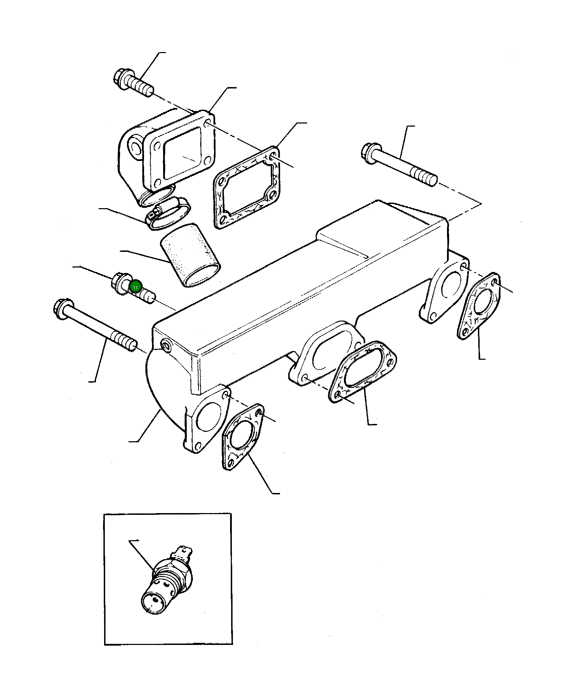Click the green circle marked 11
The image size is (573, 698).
click(x=135, y=287)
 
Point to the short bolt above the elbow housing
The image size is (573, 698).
click(x=133, y=83)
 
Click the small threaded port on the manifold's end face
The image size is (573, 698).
click(x=166, y=346)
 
